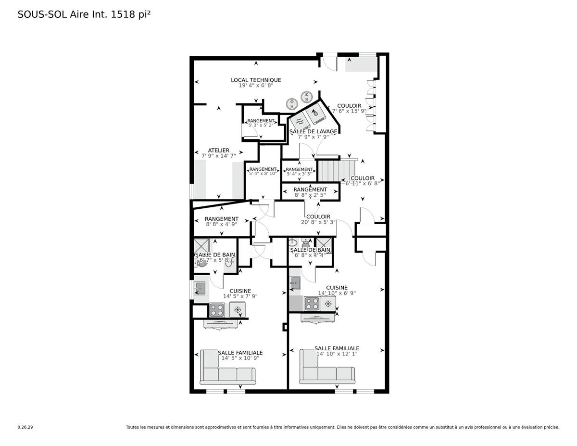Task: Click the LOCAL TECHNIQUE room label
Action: (x=256, y=80)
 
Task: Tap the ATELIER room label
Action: (x=218, y=150)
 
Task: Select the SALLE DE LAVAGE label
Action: (x=313, y=131)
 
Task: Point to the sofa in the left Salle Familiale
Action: (x=227, y=368)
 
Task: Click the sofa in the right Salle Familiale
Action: (x=327, y=368)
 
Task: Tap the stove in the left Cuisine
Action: (x=216, y=309)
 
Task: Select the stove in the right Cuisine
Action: (x=312, y=303)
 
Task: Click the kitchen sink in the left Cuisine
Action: (x=200, y=289)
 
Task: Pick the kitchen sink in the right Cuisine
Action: (x=295, y=283)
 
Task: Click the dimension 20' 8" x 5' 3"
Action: (x=318, y=222)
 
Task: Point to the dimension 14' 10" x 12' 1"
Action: (x=337, y=354)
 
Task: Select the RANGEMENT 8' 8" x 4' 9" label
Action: (x=221, y=219)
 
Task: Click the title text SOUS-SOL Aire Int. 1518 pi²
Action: (x=84, y=14)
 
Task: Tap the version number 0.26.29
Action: (x=25, y=427)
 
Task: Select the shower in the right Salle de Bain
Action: (x=323, y=243)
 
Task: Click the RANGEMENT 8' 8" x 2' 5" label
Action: (x=310, y=190)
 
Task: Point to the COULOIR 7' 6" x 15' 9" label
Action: (x=349, y=106)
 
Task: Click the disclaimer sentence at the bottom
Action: (x=342, y=427)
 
